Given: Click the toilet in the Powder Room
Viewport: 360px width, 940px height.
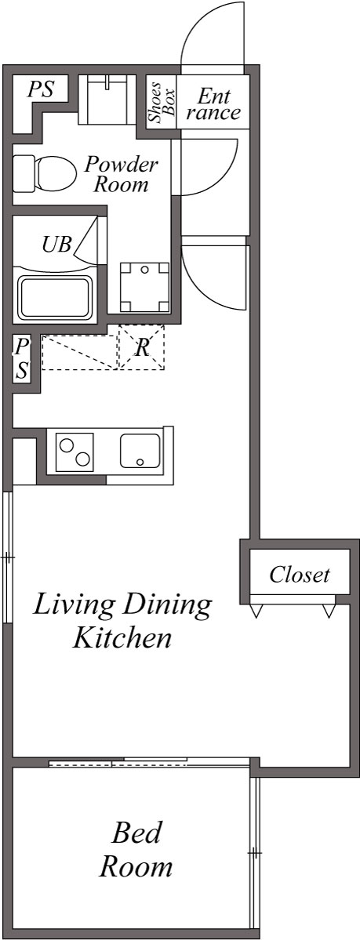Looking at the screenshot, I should click(42, 172).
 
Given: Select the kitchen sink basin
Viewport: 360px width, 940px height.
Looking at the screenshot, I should click(140, 451).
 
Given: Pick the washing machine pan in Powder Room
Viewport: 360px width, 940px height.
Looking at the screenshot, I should click(144, 286).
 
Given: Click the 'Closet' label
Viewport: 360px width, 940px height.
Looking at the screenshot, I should click(299, 575).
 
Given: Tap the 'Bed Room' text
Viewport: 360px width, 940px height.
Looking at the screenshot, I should click(136, 848).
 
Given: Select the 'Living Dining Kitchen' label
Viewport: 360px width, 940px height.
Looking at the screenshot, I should click(122, 620).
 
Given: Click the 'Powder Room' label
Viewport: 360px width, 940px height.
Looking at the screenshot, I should click(121, 174).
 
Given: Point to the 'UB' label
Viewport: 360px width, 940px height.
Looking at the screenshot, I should click(56, 244).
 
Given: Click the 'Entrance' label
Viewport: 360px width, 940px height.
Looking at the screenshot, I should click(213, 103).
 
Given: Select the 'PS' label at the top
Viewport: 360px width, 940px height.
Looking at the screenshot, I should click(41, 89).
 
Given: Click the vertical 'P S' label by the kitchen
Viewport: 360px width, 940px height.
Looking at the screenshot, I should click(23, 358).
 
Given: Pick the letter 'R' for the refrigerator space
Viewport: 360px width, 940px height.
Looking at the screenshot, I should click(142, 347).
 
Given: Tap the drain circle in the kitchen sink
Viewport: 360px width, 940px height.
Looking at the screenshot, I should click(140, 463).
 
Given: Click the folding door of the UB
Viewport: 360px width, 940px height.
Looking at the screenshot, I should click(86, 239).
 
